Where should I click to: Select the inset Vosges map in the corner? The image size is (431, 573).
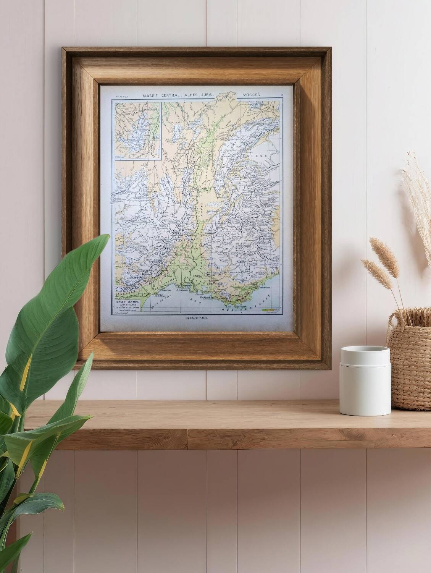point(137,129)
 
